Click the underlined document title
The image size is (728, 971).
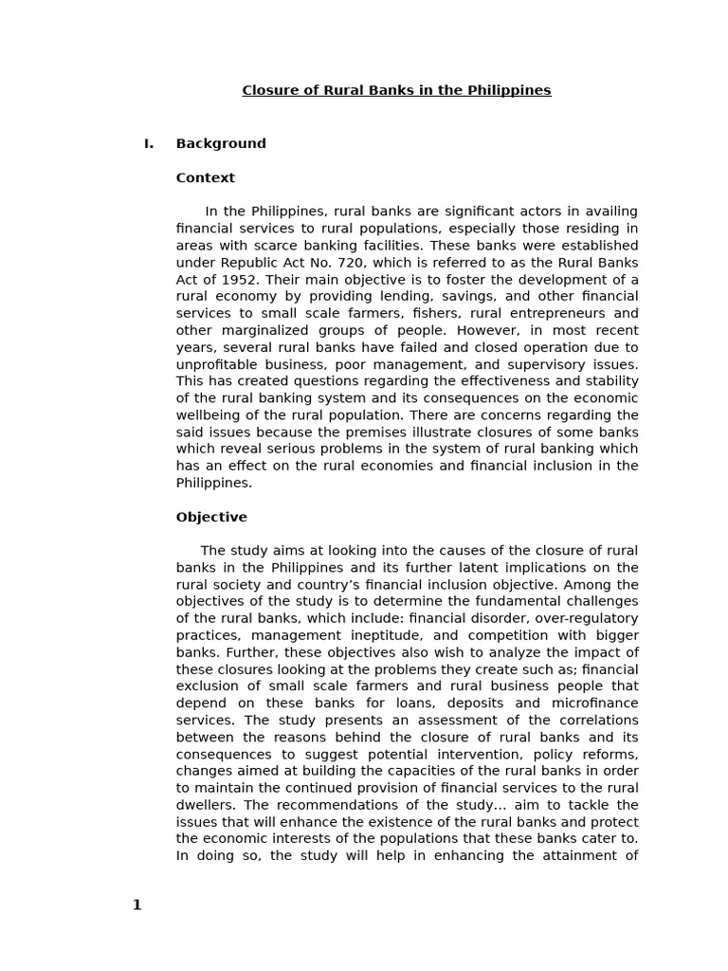coord(396,91)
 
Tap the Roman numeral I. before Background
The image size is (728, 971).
coord(149,144)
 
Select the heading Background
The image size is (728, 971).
coord(221,144)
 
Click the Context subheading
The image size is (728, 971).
coord(206,178)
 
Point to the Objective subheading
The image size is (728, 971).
coord(211,518)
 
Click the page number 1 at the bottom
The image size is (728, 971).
coord(136,906)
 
